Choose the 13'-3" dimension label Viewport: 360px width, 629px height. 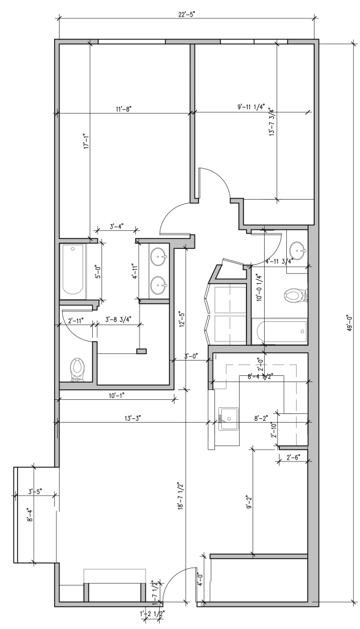(x=133, y=418)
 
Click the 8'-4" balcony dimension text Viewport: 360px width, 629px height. (x=28, y=514)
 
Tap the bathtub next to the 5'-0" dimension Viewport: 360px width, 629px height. (x=74, y=270)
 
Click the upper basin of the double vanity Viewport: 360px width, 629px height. (x=159, y=255)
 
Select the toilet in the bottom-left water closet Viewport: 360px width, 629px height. (x=77, y=368)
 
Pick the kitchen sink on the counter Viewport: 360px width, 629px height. (x=229, y=419)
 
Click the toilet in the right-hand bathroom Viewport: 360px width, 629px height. (x=293, y=297)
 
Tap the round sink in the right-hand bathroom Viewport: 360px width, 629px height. (x=299, y=250)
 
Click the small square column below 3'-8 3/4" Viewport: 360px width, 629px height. (x=142, y=351)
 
